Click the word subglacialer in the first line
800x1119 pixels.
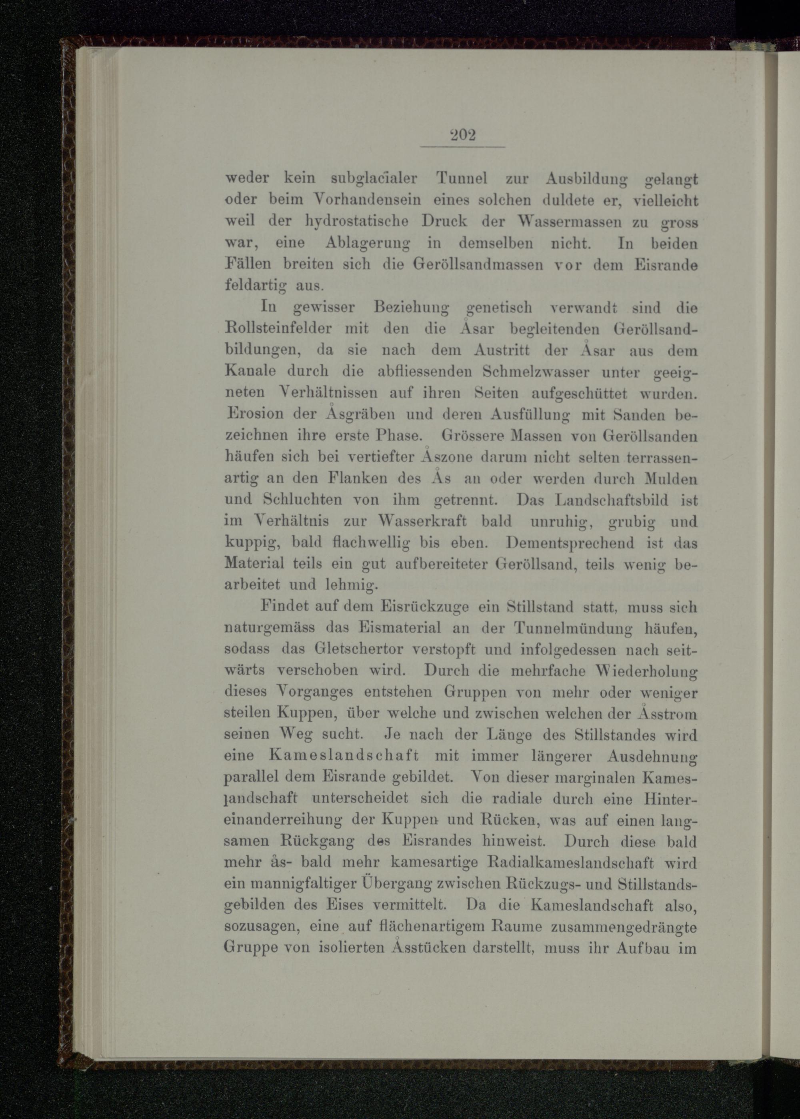click(x=374, y=179)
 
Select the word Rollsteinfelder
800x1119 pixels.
click(x=278, y=328)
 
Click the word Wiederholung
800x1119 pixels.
click(x=646, y=671)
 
